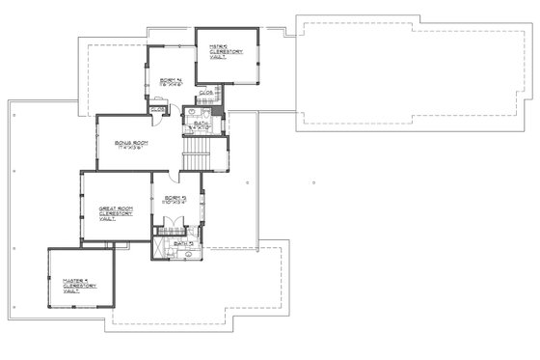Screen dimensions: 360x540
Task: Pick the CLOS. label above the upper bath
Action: click(x=205, y=93)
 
